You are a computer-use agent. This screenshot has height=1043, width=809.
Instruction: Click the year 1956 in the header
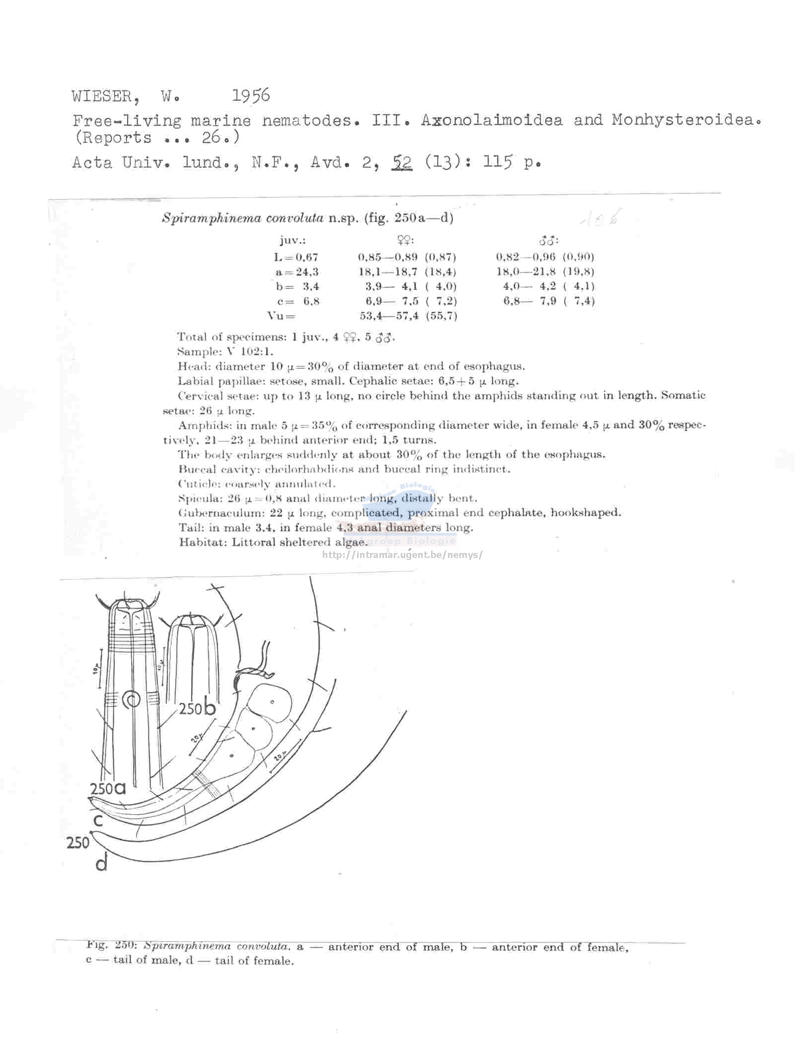point(251,95)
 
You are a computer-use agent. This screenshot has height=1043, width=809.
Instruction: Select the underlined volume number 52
point(402,162)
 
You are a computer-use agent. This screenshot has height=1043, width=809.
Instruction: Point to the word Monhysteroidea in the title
point(686,120)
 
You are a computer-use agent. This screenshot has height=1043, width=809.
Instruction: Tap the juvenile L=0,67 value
point(296,257)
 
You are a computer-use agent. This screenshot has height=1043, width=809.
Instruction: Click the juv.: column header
point(293,241)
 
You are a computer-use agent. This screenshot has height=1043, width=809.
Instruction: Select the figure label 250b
point(197,708)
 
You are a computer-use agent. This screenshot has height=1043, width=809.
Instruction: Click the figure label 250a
point(108,789)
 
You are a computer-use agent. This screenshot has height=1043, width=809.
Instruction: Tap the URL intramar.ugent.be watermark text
point(402,555)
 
